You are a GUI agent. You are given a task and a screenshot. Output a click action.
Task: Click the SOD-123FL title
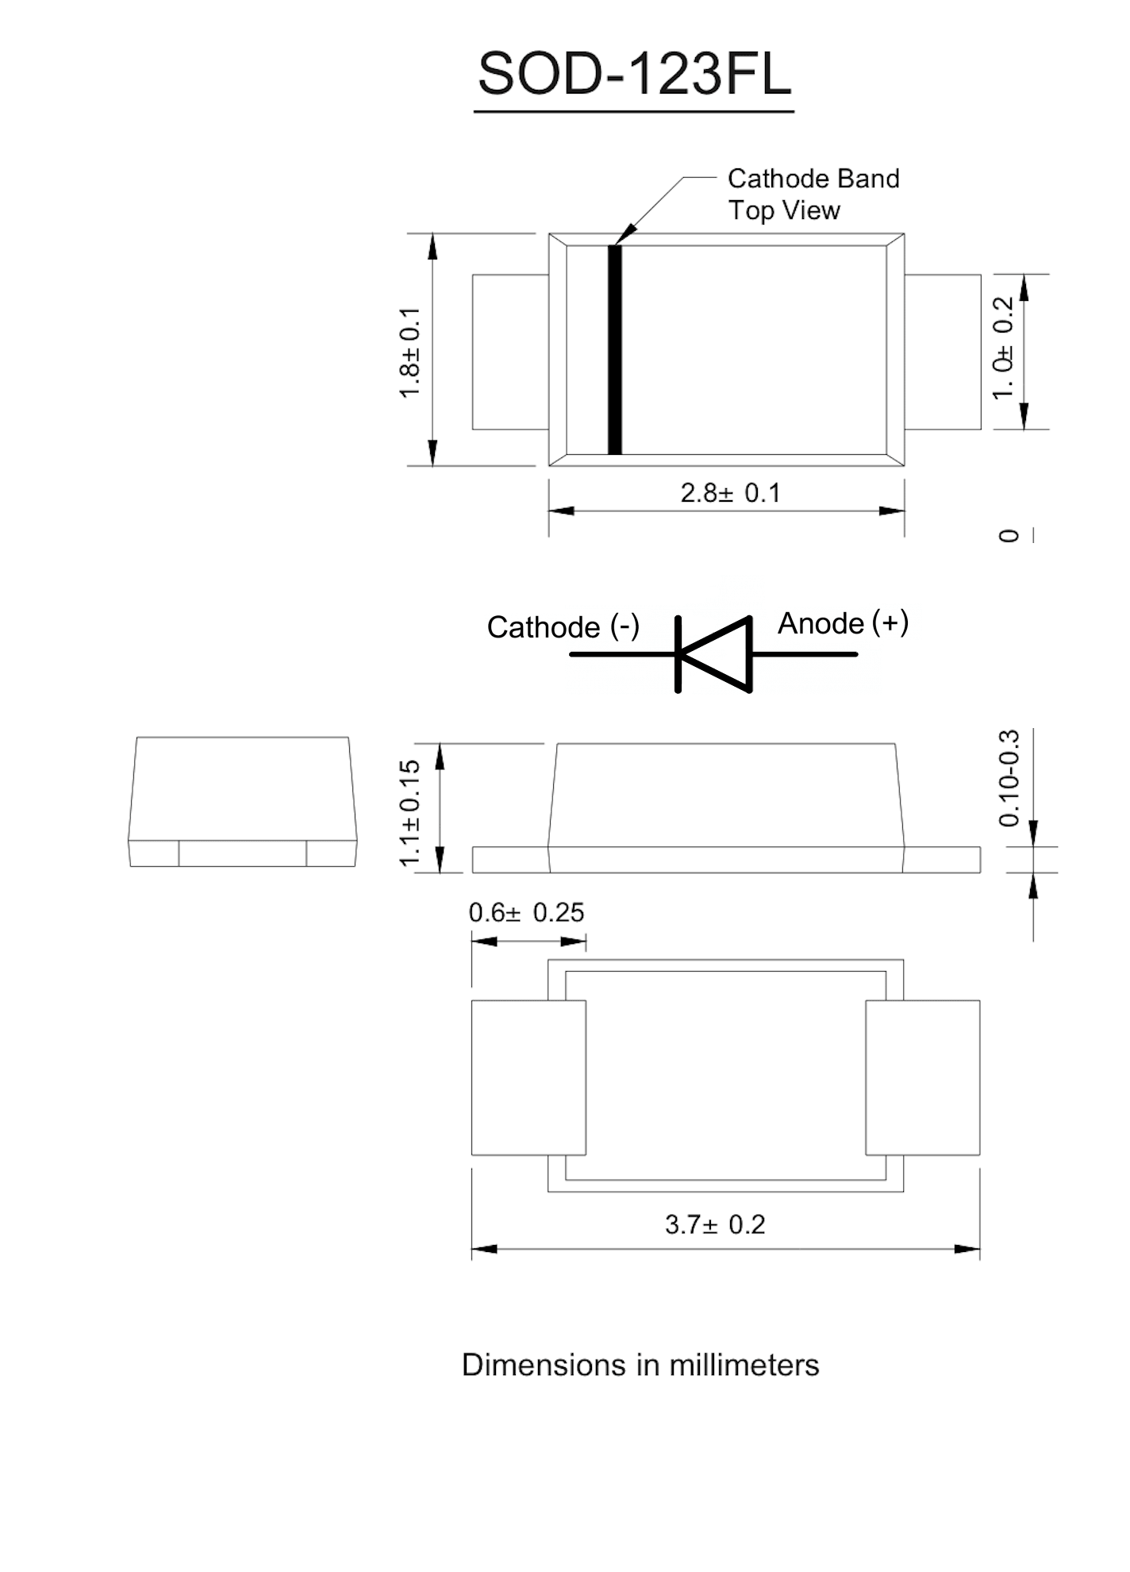(634, 75)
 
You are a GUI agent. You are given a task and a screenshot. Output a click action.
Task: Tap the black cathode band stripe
(614, 350)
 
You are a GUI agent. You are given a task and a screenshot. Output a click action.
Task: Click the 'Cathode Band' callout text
(813, 179)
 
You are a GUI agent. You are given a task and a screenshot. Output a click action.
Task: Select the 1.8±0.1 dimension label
(409, 353)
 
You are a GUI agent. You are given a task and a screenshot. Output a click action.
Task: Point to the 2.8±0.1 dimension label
(730, 493)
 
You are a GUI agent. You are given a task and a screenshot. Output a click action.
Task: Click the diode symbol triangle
(717, 654)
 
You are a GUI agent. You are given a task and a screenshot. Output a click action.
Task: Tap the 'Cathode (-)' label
(563, 627)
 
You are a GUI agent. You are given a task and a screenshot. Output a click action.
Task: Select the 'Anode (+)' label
(842, 623)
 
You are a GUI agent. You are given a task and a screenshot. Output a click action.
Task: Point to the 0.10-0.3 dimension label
(1009, 779)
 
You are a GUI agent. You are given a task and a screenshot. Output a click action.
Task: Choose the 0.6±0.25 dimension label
(526, 913)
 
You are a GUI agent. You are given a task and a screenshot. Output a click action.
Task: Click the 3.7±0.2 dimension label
(715, 1224)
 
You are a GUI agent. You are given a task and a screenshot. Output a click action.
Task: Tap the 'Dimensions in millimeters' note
(640, 1365)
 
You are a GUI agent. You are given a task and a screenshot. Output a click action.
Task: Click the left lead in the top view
(510, 352)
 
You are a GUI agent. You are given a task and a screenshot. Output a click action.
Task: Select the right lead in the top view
(943, 352)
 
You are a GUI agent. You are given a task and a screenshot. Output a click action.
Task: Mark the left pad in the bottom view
(528, 1077)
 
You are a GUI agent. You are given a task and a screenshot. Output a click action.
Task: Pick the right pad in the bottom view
(922, 1077)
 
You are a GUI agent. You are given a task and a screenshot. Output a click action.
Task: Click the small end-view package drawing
(243, 802)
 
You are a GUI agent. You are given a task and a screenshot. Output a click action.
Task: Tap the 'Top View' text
(783, 210)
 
